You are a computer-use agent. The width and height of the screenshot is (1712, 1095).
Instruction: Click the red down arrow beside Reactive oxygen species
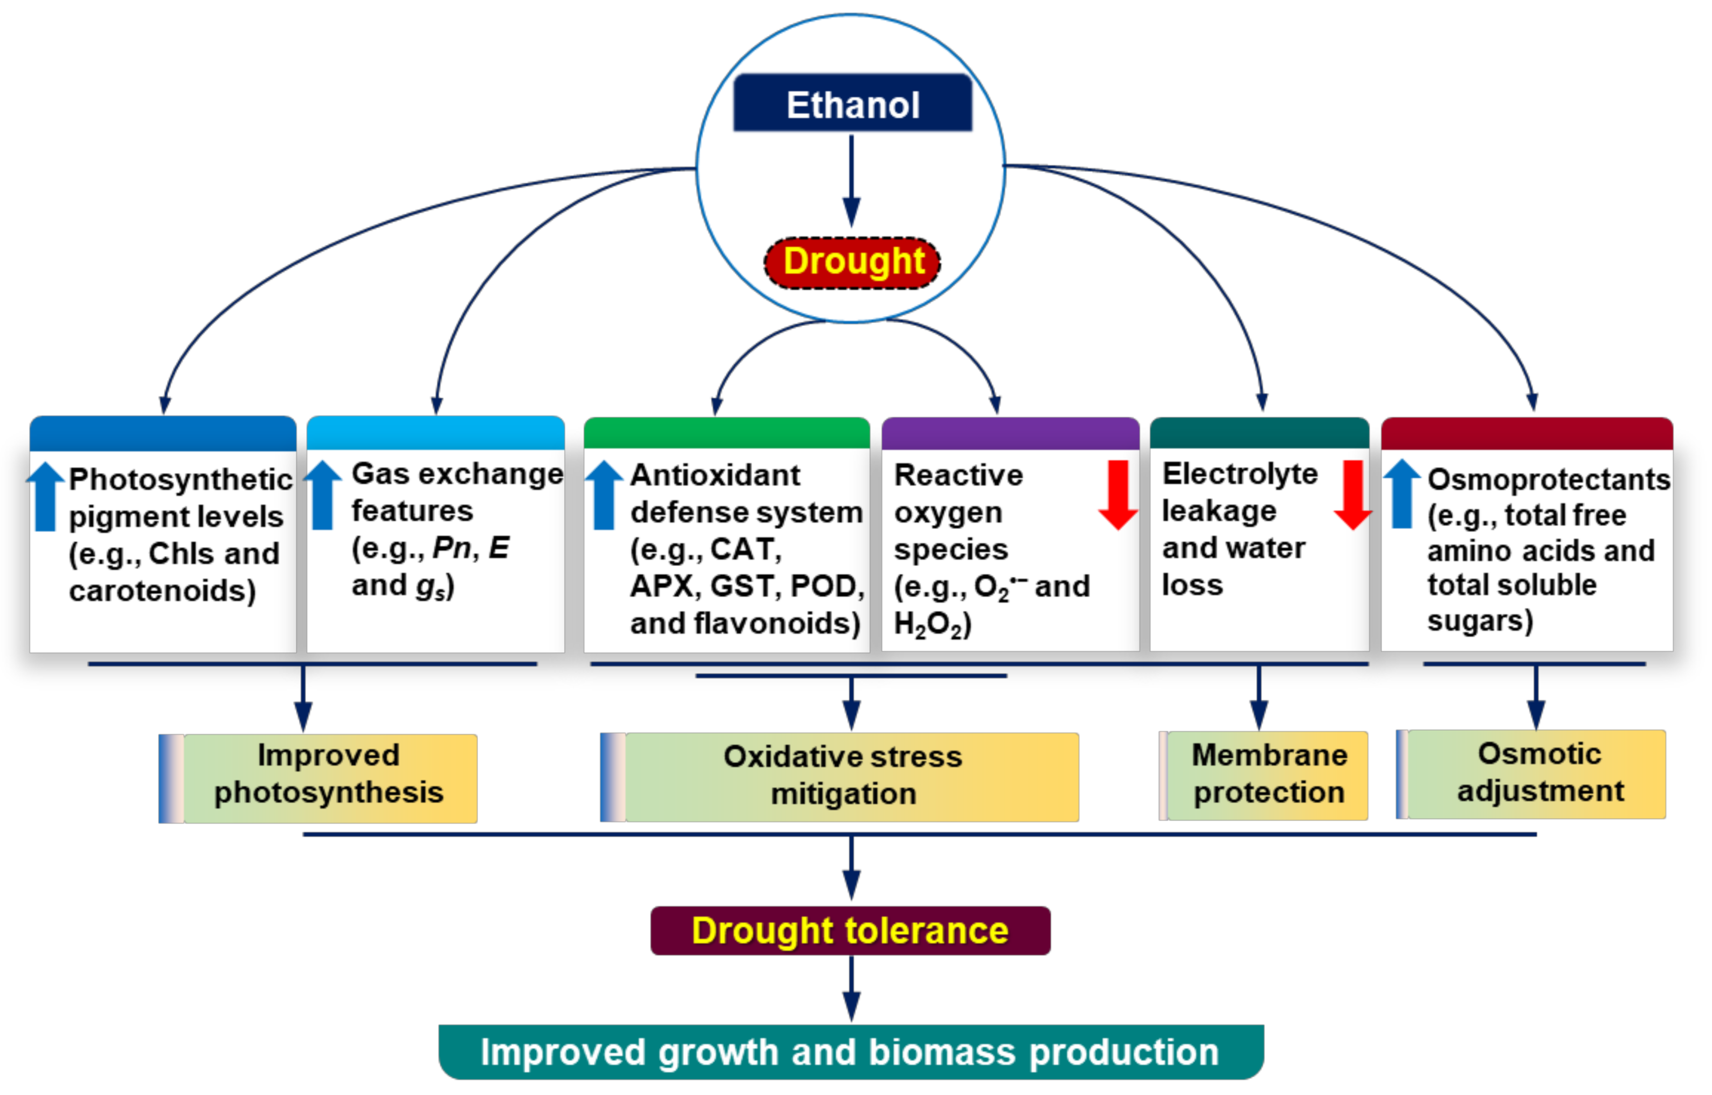1118,495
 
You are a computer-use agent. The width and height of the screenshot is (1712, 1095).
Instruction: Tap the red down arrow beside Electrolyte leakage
1352,495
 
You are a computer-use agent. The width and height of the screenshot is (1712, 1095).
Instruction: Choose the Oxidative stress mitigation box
843,777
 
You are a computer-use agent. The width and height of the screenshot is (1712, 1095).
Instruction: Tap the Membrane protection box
1268,776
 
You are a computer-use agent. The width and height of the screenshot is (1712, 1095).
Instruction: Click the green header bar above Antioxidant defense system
726,433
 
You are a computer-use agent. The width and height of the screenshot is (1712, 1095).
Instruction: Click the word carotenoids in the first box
161,591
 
